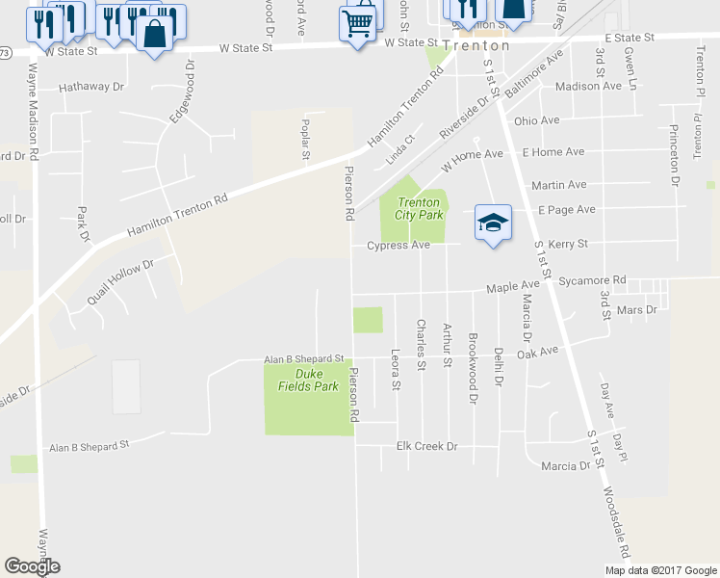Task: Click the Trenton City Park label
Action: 419,208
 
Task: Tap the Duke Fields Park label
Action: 316,380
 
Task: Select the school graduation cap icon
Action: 491,223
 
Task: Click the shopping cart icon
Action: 357,20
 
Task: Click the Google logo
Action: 32,566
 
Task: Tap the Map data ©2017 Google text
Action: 659,570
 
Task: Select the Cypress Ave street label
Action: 398,246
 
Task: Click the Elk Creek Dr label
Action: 426,447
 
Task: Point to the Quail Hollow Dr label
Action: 120,280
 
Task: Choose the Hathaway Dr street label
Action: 91,87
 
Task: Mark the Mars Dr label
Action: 637,310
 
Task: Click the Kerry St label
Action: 568,245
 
